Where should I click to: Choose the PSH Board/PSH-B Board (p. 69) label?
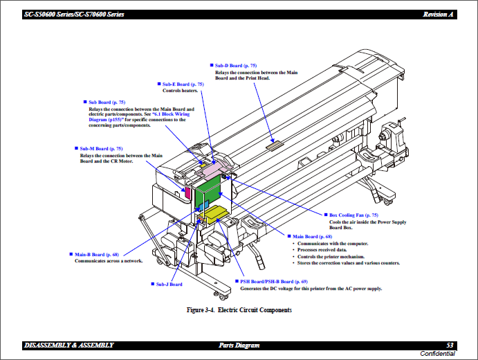[x=274, y=282]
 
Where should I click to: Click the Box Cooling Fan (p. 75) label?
[x=353, y=215]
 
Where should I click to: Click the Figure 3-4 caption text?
[x=239, y=309]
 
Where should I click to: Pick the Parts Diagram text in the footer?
[x=239, y=345]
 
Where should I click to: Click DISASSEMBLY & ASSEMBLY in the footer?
[x=68, y=345]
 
